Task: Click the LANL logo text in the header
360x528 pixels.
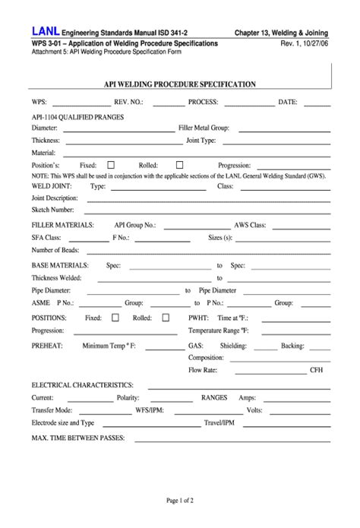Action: [45, 31]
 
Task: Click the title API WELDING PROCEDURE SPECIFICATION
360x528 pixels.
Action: [179, 84]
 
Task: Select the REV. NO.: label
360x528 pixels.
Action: [128, 101]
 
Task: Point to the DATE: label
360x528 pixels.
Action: [288, 101]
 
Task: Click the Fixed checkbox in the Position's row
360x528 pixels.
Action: [111, 164]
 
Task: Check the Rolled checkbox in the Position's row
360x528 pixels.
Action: [180, 164]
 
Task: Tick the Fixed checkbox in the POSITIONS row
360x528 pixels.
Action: [115, 318]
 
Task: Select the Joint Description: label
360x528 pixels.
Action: [55, 198]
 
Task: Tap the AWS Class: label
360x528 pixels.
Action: [250, 226]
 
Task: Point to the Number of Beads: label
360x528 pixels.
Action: [55, 250]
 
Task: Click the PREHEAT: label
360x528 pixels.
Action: [47, 346]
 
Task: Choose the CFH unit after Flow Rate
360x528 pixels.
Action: [317, 370]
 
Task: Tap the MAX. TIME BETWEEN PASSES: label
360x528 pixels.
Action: [81, 439]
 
